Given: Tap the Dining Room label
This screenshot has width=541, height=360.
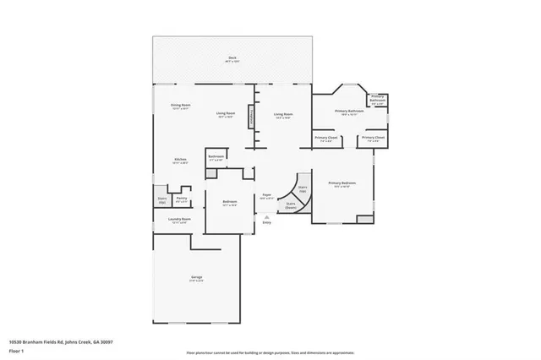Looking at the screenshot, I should pyautogui.click(x=180, y=106).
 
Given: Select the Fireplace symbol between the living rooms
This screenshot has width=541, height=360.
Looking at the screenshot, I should pyautogui.click(x=251, y=117).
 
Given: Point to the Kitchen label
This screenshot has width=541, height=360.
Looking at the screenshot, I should pyautogui.click(x=180, y=160).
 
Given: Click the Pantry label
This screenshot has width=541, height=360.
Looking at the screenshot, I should pyautogui.click(x=181, y=199).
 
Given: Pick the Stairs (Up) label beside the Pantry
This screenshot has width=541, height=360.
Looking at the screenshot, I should pyautogui.click(x=162, y=201).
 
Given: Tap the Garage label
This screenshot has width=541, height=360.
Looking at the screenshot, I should pyautogui.click(x=196, y=278).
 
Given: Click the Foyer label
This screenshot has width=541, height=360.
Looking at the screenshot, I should pyautogui.click(x=265, y=195).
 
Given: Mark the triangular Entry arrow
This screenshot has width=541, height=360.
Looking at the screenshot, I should pyautogui.click(x=266, y=215).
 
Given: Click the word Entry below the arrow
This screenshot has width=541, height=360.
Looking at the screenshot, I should pyautogui.click(x=266, y=222).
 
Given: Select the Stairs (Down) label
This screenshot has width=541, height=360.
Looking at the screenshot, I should pyautogui.click(x=291, y=205).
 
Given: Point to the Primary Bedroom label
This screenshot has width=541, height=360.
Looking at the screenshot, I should pyautogui.click(x=340, y=184).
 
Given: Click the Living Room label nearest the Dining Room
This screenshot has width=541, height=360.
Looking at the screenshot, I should pyautogui.click(x=225, y=114).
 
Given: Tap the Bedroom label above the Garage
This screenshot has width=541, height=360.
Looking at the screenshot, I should pyautogui.click(x=229, y=202).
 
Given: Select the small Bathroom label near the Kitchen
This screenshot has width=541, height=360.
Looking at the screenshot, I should pyautogui.click(x=216, y=157).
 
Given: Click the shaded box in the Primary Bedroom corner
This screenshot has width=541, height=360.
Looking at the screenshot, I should pyautogui.click(x=364, y=219).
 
